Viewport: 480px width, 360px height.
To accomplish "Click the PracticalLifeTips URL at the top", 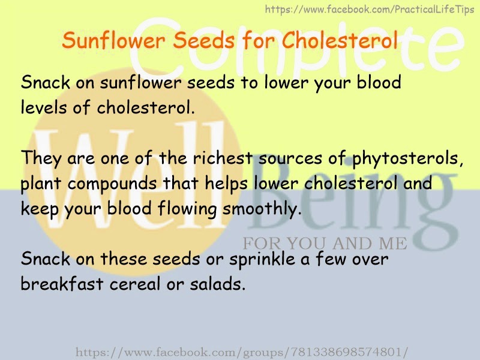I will pyautogui.click(x=370, y=9).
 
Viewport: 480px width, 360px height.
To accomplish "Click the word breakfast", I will pyautogui.click(x=62, y=283).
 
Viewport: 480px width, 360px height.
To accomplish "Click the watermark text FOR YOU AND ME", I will pyautogui.click(x=325, y=244).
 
